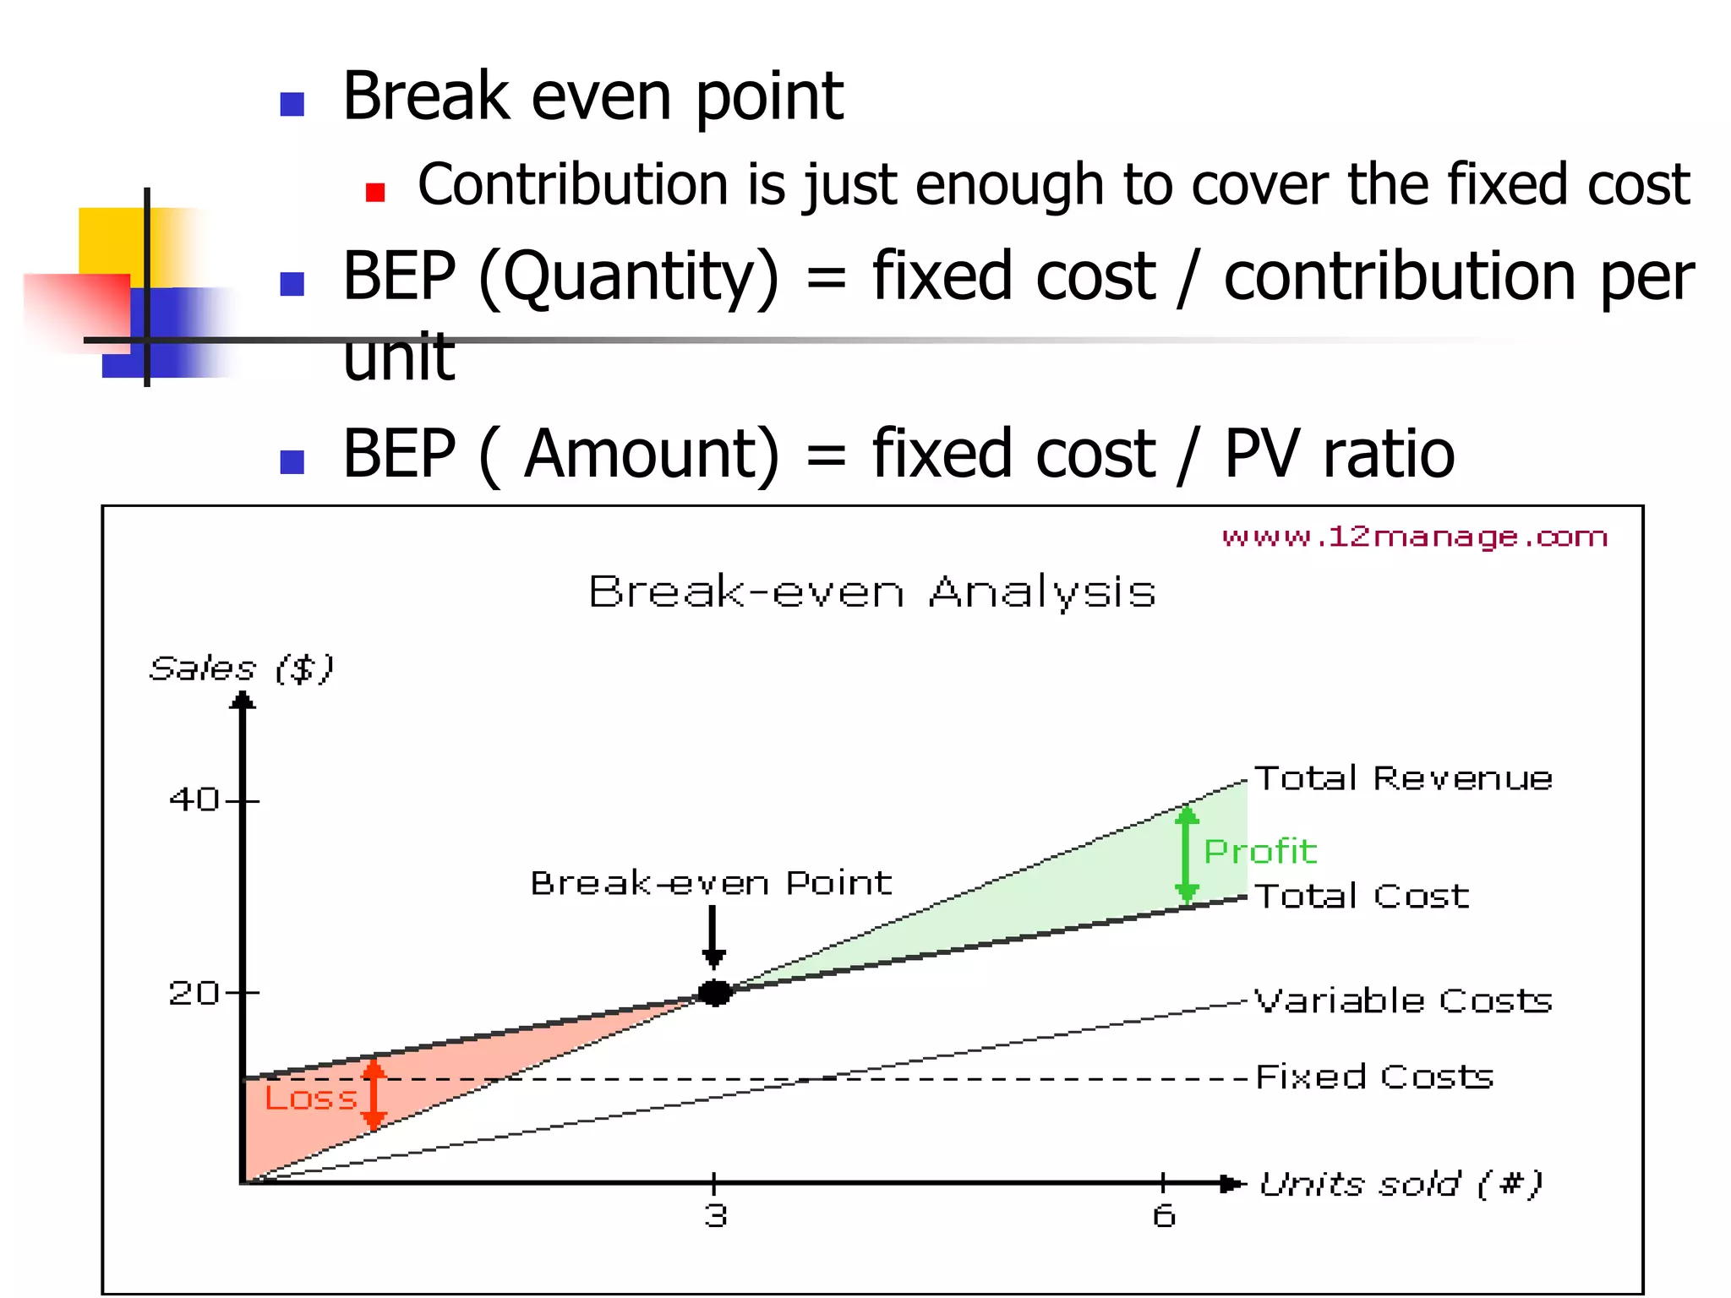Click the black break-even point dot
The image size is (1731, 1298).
point(715,993)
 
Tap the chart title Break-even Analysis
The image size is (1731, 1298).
point(871,592)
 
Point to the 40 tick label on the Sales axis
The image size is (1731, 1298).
point(194,799)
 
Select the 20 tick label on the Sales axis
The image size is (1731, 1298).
point(194,993)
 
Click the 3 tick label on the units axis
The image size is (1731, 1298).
point(715,1216)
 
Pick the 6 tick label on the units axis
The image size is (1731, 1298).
point(1164,1216)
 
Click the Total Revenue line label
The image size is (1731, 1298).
point(1403,778)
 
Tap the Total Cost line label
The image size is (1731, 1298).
point(1362,896)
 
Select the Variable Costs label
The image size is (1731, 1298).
point(1403,1001)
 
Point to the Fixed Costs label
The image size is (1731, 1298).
point(1374,1077)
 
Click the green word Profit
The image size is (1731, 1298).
point(1259,852)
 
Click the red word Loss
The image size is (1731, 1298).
point(310,1099)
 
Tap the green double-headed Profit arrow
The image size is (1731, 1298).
point(1187,854)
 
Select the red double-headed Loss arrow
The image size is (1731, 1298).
point(374,1096)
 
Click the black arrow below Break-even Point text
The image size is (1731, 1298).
point(713,936)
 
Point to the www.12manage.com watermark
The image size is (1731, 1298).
point(1414,537)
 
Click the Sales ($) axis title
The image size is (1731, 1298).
point(242,669)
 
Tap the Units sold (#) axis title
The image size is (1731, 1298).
point(1401,1184)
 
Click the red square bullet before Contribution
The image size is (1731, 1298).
point(375,193)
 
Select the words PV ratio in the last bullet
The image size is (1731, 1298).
point(1339,455)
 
